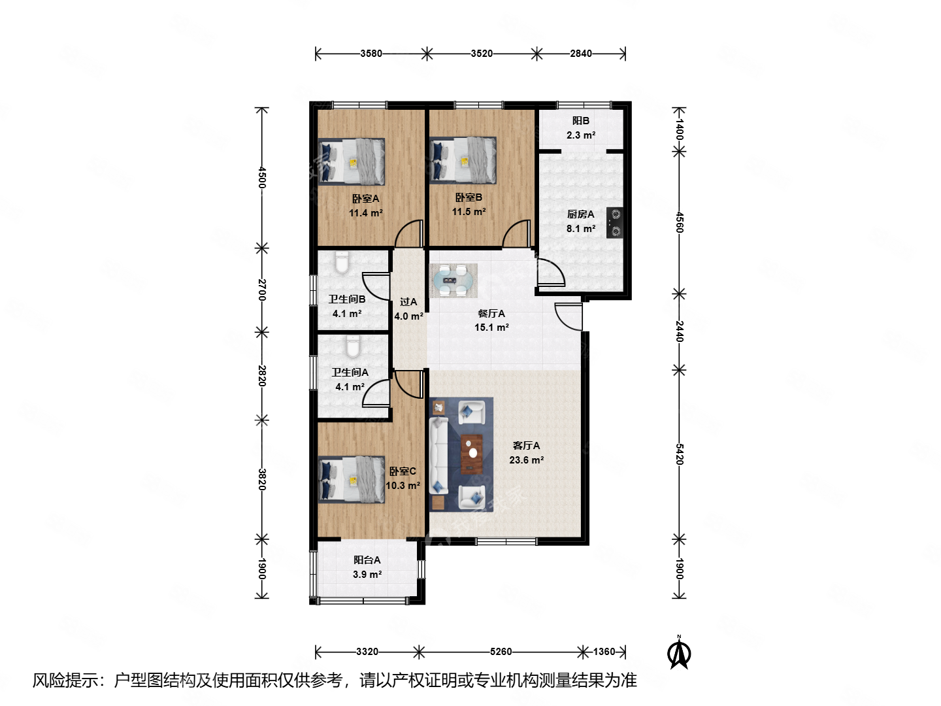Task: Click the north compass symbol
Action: click(679, 653)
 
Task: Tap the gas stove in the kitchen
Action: click(614, 222)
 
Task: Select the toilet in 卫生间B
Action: click(342, 263)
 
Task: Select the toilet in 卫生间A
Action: click(353, 346)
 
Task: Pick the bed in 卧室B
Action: click(463, 160)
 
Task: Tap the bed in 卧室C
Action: click(352, 480)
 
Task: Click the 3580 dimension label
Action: click(371, 54)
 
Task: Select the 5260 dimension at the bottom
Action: click(501, 652)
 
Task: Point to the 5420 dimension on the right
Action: click(680, 454)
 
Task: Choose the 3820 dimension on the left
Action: click(261, 479)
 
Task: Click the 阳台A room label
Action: click(367, 560)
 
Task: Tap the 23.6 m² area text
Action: click(526, 460)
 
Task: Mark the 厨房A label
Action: click(580, 214)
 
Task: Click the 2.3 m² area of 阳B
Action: click(580, 135)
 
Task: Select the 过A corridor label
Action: click(408, 302)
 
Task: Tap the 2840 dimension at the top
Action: click(580, 54)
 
